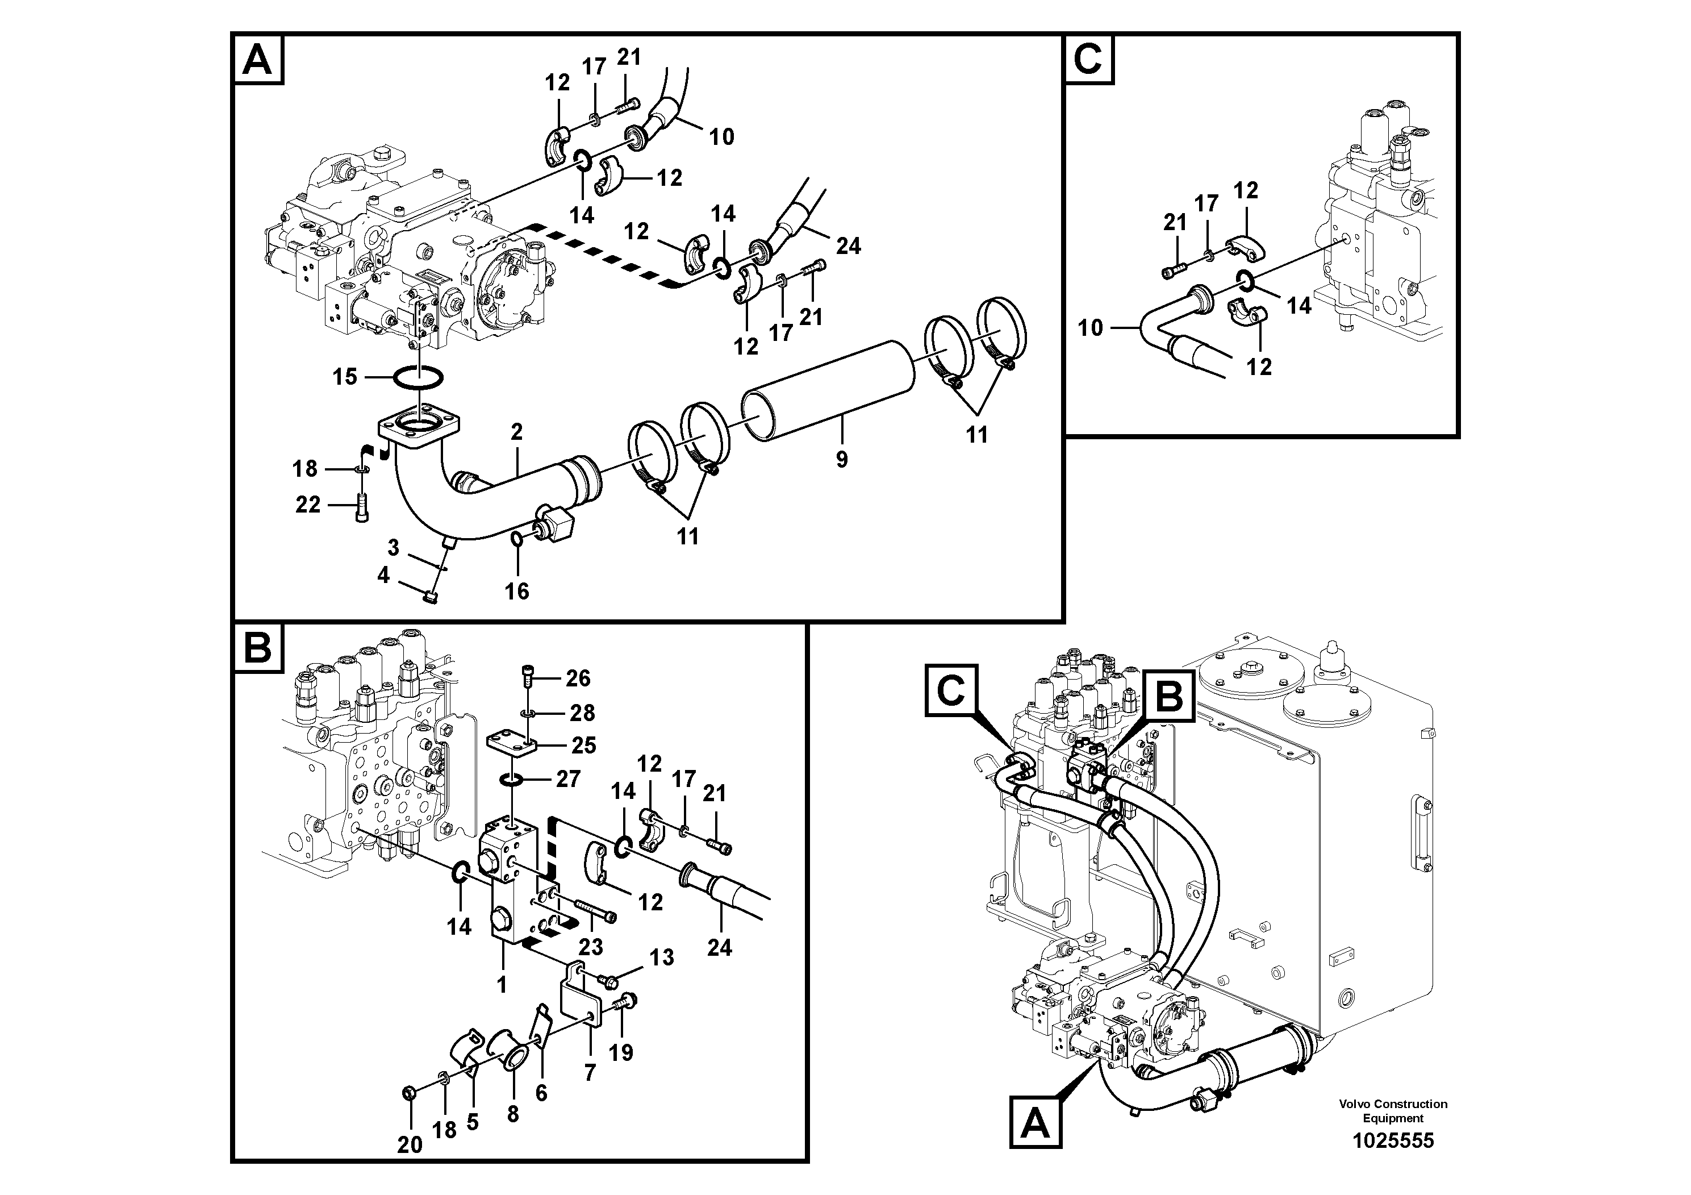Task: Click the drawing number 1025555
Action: pyautogui.click(x=1393, y=1140)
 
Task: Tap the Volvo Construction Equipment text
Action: pyautogui.click(x=1393, y=1110)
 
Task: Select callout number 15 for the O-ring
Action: pyautogui.click(x=345, y=377)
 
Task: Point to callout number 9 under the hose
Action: pyautogui.click(x=842, y=460)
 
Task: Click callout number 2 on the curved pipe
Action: pyautogui.click(x=516, y=432)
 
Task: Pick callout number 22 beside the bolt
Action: pyautogui.click(x=308, y=505)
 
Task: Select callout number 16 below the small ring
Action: pyautogui.click(x=516, y=591)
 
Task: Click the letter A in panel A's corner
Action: pyautogui.click(x=258, y=60)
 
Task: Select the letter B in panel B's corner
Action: pyautogui.click(x=258, y=648)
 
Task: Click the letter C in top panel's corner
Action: pyautogui.click(x=1088, y=59)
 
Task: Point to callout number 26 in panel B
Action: pyautogui.click(x=578, y=678)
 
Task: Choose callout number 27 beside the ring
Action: pyautogui.click(x=568, y=778)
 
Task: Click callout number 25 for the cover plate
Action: pyautogui.click(x=583, y=745)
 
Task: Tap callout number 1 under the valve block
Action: pyautogui.click(x=502, y=984)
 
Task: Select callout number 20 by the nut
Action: pyautogui.click(x=410, y=1144)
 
